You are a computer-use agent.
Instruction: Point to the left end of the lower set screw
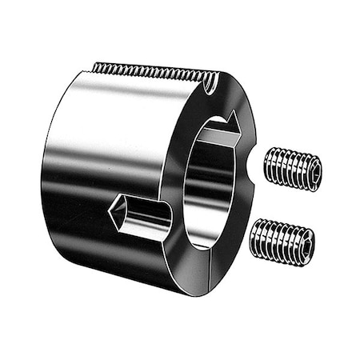[x=254, y=236]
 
